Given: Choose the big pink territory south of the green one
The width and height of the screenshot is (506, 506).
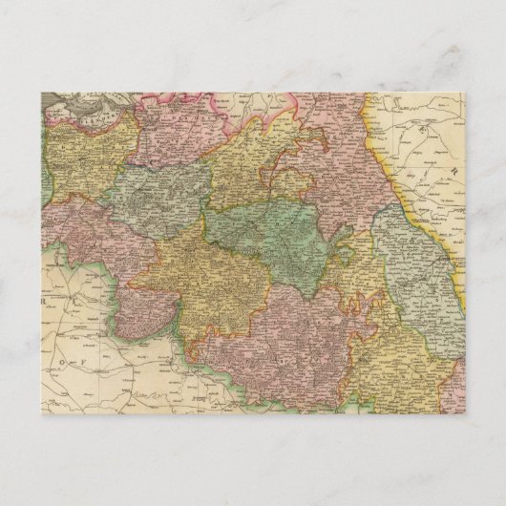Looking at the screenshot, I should tap(296, 329).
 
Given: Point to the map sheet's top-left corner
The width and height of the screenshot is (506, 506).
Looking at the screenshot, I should tap(41, 94).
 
